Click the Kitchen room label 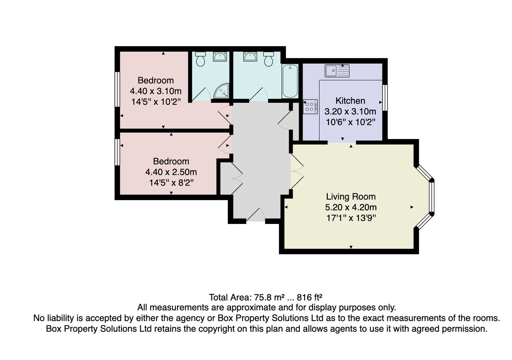(x=350, y=101)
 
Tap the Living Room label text (x=351, y=197)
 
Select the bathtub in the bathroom (x=290, y=81)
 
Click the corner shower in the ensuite (x=221, y=91)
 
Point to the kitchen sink (x=337, y=71)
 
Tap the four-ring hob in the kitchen (x=310, y=107)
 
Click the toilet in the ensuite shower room (x=201, y=59)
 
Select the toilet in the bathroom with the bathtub (x=268, y=59)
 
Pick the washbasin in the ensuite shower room (x=220, y=56)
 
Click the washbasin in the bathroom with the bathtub (x=250, y=56)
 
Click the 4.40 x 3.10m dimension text (x=156, y=91)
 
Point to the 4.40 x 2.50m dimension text (x=171, y=172)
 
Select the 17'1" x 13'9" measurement (x=351, y=218)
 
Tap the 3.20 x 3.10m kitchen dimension (x=350, y=112)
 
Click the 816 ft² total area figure (x=309, y=297)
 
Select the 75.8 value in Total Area (x=263, y=297)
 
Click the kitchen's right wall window (x=385, y=98)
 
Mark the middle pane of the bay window (x=431, y=197)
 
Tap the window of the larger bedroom (x=117, y=89)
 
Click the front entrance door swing (x=256, y=215)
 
